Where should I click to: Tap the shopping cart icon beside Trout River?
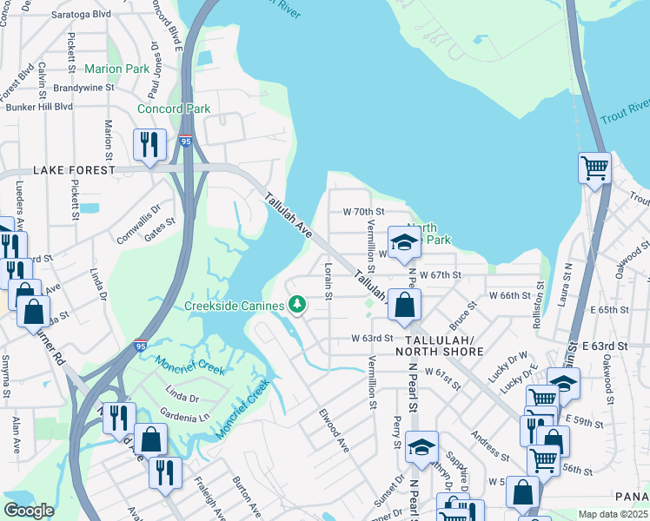[x=594, y=166]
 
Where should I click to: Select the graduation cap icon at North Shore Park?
[x=404, y=243]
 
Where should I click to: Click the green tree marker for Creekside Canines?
[x=297, y=304]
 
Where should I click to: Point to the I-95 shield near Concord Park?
[x=186, y=140]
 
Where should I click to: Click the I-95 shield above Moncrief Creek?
[x=141, y=346]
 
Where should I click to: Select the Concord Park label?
[x=174, y=109]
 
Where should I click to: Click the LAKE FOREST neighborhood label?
[x=74, y=170]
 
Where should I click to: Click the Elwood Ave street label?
[x=333, y=430]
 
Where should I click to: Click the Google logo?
[x=28, y=511]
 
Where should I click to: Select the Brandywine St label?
[x=83, y=88]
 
